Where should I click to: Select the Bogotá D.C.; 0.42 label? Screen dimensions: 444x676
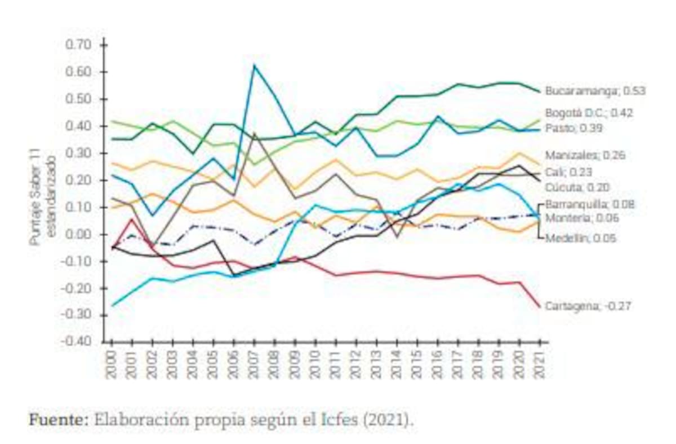pos(589,113)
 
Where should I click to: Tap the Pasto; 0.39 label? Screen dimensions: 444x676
pos(573,129)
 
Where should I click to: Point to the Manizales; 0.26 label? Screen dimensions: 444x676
pos(585,155)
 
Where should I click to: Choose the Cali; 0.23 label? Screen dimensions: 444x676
pos(568,172)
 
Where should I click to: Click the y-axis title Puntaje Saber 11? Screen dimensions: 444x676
pos(35,195)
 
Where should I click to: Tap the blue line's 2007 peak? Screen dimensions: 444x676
pos(255,65)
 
